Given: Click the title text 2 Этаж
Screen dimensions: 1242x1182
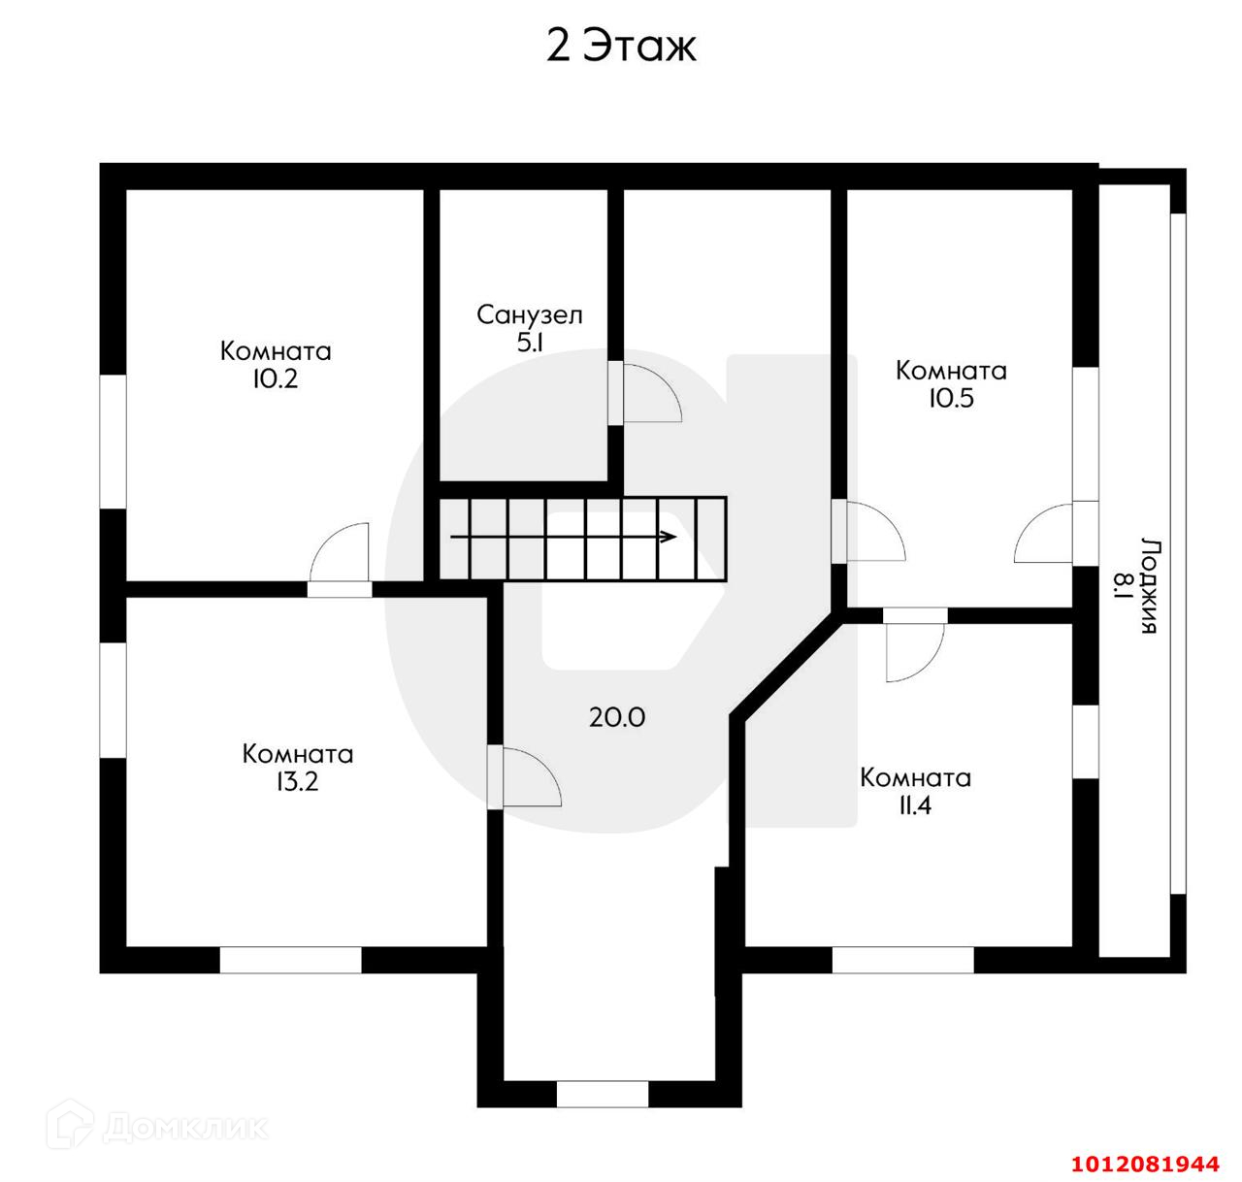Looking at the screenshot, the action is (x=621, y=47).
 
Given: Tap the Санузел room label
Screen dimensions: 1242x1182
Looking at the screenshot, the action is (x=530, y=314).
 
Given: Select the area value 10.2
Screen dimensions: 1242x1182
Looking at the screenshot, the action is (x=276, y=378).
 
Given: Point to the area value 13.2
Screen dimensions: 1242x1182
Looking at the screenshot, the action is (x=297, y=782).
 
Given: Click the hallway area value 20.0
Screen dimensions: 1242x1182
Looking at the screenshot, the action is (x=617, y=717).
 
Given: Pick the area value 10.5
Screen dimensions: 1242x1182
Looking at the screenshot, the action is (x=952, y=398).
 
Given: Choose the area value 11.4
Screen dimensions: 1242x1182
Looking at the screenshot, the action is (x=915, y=804).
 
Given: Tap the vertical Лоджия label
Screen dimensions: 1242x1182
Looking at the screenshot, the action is (x=1150, y=586).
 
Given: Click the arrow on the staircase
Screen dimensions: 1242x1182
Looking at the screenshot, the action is (x=564, y=538).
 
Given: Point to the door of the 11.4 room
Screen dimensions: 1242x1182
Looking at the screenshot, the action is (x=914, y=645).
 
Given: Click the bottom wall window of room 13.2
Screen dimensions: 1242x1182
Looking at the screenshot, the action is (x=290, y=960).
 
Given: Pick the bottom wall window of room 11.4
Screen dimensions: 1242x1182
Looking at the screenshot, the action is (x=902, y=960).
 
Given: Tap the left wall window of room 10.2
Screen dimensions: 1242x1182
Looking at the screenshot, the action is (x=114, y=442).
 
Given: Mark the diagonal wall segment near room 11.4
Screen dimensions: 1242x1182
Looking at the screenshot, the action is (x=787, y=666).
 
